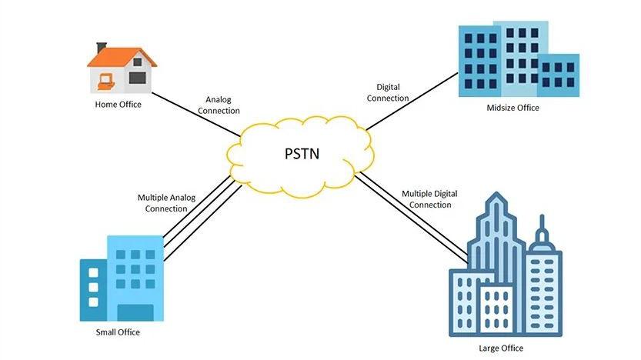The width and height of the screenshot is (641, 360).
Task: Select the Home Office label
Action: (x=118, y=105)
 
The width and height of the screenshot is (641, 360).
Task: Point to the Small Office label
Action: (x=118, y=332)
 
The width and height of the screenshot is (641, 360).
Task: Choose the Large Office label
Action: (x=500, y=348)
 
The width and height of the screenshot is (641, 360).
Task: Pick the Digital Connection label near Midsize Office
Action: (x=388, y=93)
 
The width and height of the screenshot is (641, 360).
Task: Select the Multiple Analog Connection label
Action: (x=166, y=203)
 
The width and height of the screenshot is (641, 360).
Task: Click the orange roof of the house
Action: (x=121, y=57)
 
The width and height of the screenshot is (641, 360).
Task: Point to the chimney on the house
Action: (x=102, y=48)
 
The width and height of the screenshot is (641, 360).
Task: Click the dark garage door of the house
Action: (x=137, y=77)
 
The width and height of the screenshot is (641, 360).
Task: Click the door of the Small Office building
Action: (x=135, y=312)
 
